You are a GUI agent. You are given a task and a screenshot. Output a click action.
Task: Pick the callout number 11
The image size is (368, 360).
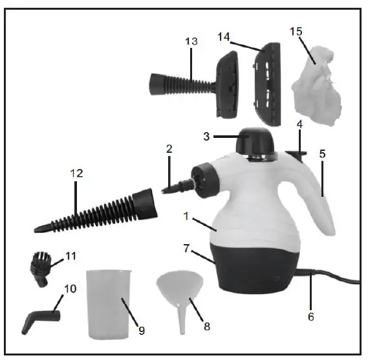point(70,256)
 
